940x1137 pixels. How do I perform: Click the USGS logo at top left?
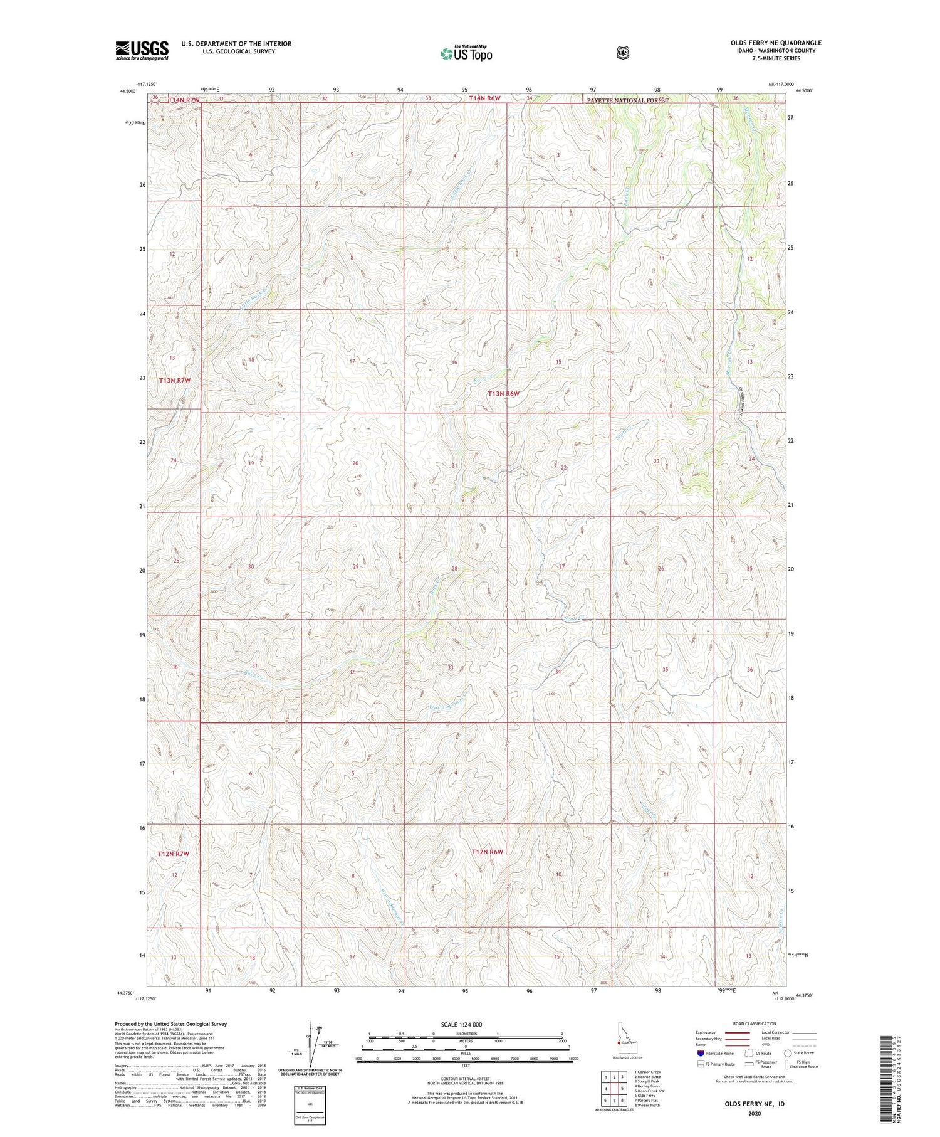[142, 50]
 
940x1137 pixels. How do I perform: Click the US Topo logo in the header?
[466, 53]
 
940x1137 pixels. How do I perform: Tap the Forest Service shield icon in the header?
[622, 53]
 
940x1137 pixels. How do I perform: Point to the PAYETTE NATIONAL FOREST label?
[627, 100]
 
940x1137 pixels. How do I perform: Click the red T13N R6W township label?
[504, 393]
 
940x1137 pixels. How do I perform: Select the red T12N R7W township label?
[174, 854]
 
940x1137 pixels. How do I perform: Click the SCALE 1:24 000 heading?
[466, 1024]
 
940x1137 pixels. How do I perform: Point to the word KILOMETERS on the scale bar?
[466, 1034]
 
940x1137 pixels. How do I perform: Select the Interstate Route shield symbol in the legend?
[701, 1053]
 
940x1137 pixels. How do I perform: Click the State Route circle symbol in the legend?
[787, 1053]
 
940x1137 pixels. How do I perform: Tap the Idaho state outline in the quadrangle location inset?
[620, 1042]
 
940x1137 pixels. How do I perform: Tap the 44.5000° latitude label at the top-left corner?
[127, 91]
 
